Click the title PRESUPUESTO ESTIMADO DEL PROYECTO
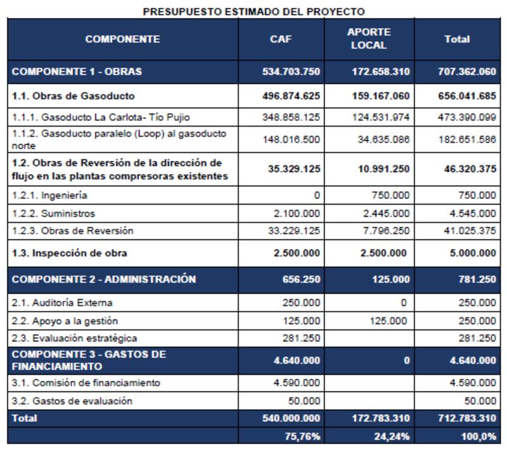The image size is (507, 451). point(253,11)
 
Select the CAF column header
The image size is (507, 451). point(281,39)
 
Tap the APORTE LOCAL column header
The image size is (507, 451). point(368,39)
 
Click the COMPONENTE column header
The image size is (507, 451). point(122,39)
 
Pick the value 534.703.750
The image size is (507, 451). point(291,72)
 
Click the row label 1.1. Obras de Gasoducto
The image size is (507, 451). point(73,96)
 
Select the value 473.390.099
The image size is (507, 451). point(466,117)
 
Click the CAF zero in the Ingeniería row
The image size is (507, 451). point(316,196)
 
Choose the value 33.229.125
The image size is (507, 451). point(293,231)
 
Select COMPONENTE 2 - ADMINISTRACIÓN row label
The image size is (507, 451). point(103,279)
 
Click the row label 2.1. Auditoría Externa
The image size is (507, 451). point(62,303)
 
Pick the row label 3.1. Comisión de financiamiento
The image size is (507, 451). point(86,383)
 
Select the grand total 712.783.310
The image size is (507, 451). point(466,419)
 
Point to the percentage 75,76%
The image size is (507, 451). point(302,436)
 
